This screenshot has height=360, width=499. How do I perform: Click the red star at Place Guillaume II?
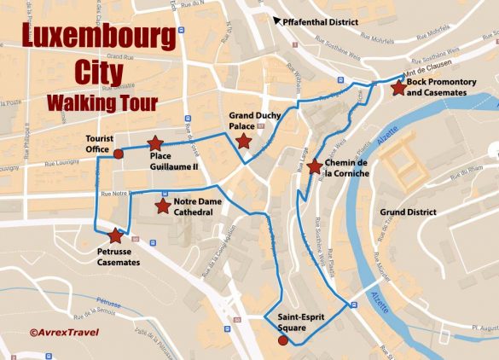tap(154, 144)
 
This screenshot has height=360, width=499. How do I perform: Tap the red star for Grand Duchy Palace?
tap(243, 141)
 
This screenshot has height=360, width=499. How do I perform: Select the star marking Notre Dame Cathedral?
tap(162, 206)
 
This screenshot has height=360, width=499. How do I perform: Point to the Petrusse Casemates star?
tap(115, 235)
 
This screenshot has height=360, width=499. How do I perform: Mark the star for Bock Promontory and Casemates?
tap(397, 87)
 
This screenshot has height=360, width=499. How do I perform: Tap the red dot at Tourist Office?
tap(118, 154)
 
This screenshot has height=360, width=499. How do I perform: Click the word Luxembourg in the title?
tap(98, 38)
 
